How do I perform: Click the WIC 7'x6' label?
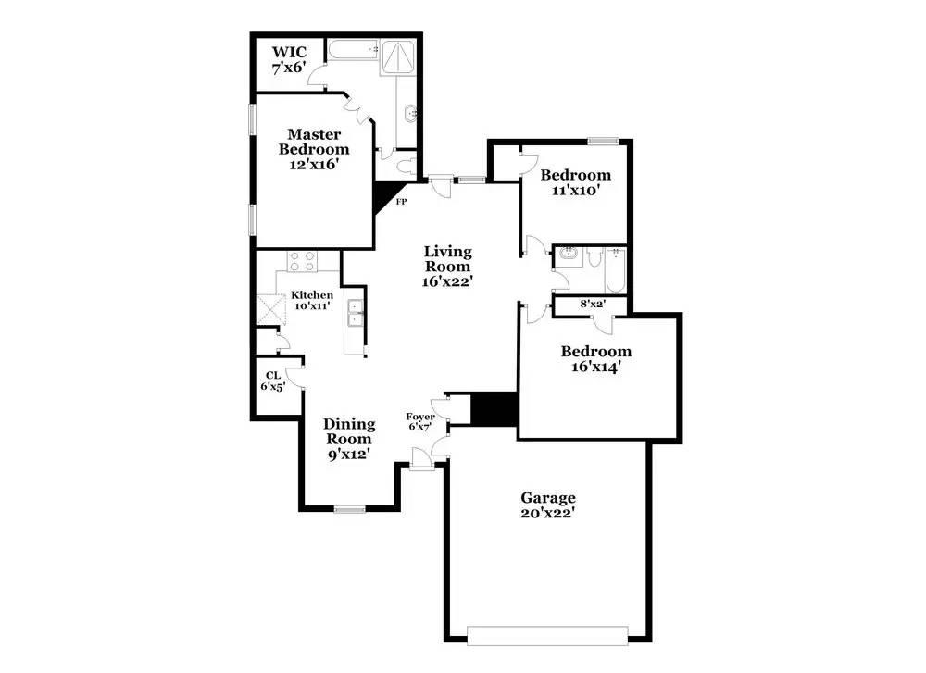point(288,59)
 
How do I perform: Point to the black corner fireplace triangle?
point(383,195)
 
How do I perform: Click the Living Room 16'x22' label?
point(448,267)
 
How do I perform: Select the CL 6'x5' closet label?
point(273,381)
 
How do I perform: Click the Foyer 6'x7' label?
point(421,422)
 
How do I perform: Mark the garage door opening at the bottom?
point(547,635)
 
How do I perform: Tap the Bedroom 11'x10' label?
point(575,182)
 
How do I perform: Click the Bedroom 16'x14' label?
point(596,358)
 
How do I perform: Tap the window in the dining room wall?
point(349,508)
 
